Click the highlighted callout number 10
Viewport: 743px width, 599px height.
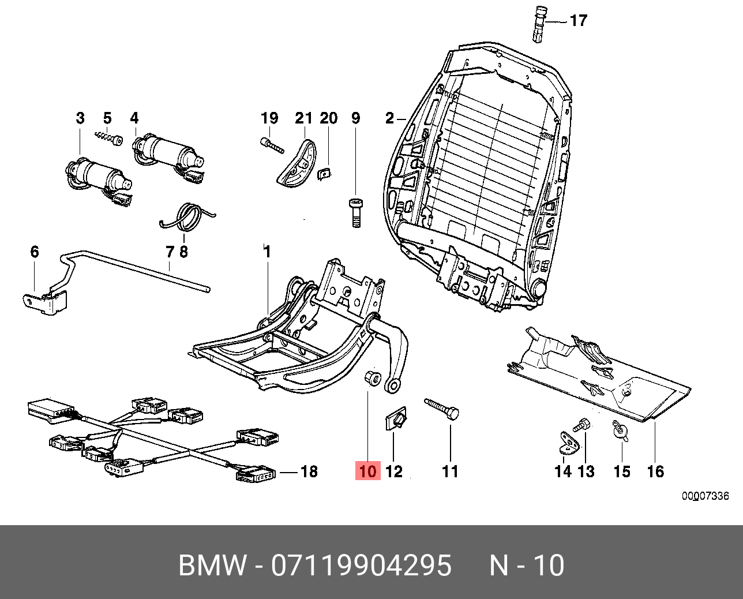click(367, 471)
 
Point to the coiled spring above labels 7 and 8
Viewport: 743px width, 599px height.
click(187, 218)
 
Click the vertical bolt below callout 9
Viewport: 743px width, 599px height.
click(355, 212)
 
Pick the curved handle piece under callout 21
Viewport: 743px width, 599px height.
click(296, 160)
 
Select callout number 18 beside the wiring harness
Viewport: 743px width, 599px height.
click(309, 471)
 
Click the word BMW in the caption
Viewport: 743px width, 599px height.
click(212, 566)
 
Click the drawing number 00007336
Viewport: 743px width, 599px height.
click(705, 496)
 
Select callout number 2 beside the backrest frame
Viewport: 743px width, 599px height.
click(390, 119)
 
